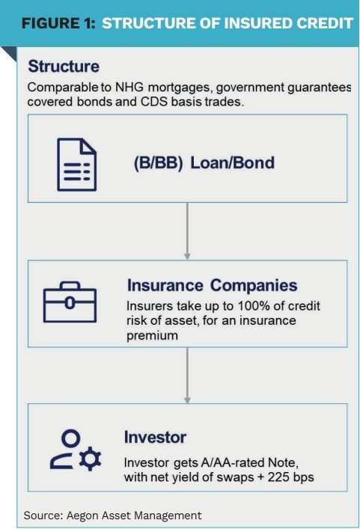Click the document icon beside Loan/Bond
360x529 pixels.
tap(77, 165)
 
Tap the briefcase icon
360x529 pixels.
tap(70, 302)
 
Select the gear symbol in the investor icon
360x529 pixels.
tap(90, 459)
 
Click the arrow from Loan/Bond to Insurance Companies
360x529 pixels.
tap(187, 231)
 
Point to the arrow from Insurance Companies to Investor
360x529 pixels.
tap(187, 375)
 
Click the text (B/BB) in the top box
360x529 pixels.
tap(158, 163)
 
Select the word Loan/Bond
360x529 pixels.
tap(233, 162)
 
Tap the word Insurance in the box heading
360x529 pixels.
tap(165, 285)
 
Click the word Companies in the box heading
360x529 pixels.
tap(254, 286)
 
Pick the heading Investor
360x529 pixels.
tap(155, 437)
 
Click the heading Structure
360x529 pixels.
tap(64, 66)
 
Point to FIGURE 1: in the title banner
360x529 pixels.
tap(58, 23)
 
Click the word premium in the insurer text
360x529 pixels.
tap(152, 336)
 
